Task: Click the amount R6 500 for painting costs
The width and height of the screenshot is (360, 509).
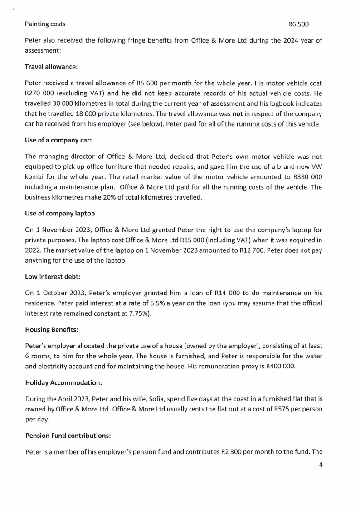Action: (x=298, y=24)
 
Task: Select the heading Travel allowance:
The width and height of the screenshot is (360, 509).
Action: (x=51, y=67)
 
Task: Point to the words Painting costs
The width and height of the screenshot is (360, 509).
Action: (x=45, y=24)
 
